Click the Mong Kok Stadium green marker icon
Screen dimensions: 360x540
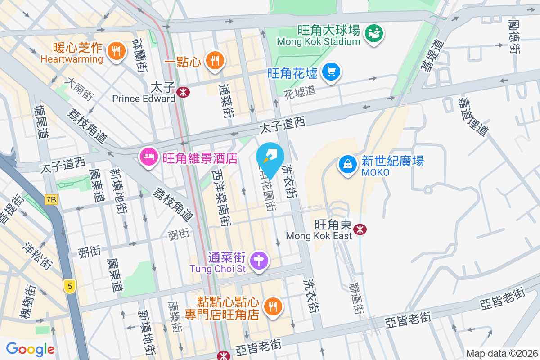click(x=373, y=33)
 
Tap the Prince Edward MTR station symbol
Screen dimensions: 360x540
click(x=183, y=92)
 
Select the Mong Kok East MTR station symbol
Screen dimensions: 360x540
click(x=360, y=229)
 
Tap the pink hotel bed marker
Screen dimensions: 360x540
click(x=148, y=157)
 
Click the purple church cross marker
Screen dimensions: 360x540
click(x=259, y=261)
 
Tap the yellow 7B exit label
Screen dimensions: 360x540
click(x=51, y=199)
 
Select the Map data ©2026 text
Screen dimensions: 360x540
click(x=501, y=353)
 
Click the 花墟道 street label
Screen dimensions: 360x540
click(x=300, y=92)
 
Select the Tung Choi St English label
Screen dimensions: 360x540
click(x=218, y=269)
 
